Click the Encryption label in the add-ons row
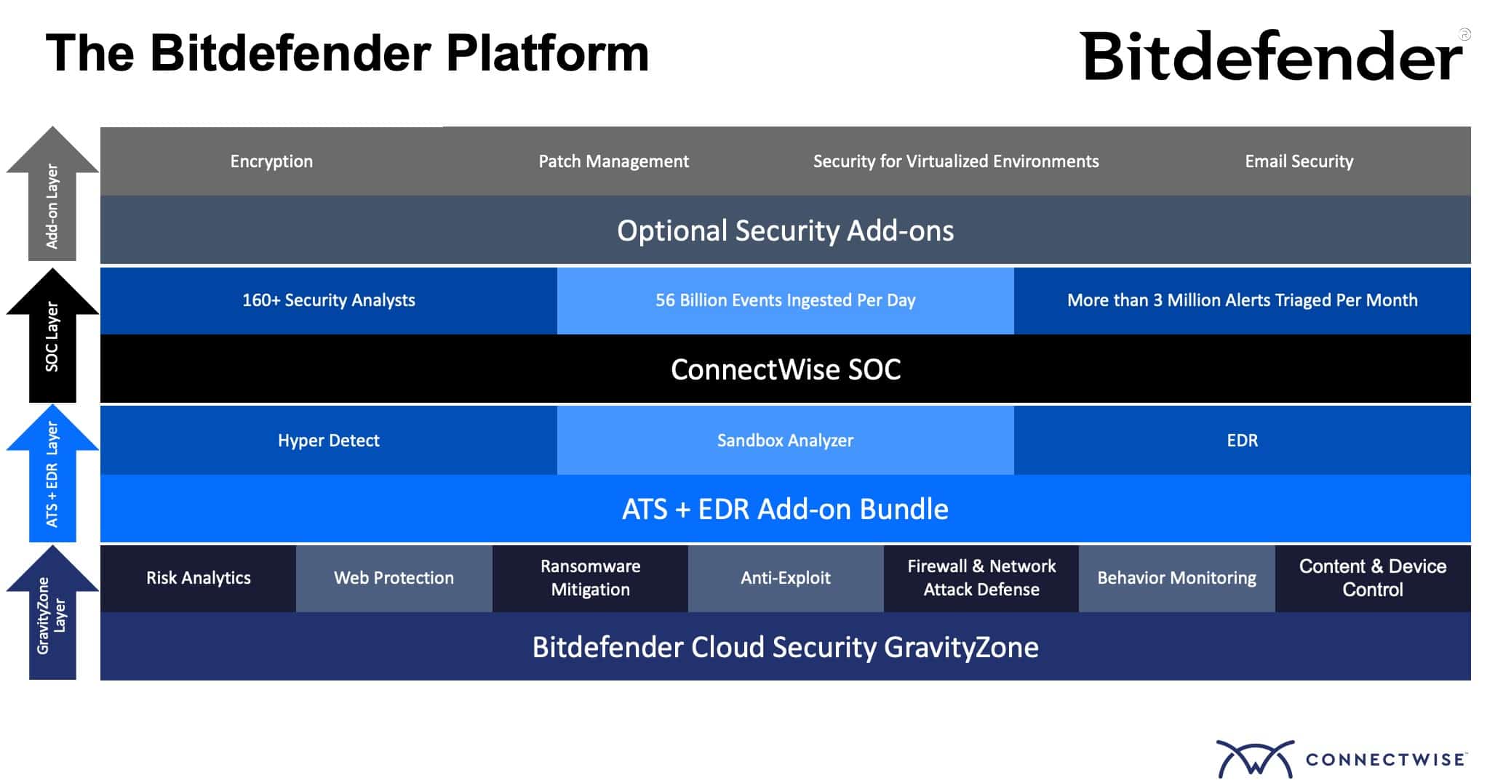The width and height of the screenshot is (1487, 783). click(x=271, y=161)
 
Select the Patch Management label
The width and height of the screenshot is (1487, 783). click(x=613, y=161)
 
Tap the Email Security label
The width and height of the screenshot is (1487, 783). click(x=1299, y=161)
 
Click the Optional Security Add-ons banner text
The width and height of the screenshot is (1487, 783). click(x=785, y=230)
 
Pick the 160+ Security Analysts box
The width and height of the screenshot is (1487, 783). click(x=328, y=300)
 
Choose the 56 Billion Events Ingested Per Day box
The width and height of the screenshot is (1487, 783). click(x=785, y=300)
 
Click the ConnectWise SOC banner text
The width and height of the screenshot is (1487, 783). click(x=785, y=369)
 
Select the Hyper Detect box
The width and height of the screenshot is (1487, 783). click(x=328, y=441)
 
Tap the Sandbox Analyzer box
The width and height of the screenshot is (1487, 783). click(x=785, y=441)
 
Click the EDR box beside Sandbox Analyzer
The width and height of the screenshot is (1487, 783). click(x=1242, y=441)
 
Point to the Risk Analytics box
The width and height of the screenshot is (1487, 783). click(x=198, y=578)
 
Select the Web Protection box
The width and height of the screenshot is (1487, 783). click(x=394, y=578)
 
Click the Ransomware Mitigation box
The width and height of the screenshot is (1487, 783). click(x=590, y=578)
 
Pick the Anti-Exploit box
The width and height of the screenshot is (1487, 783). click(x=785, y=578)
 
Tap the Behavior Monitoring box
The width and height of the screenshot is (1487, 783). click(x=1176, y=578)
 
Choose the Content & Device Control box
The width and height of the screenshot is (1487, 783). click(x=1372, y=578)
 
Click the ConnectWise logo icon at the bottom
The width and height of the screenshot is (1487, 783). click(x=1255, y=759)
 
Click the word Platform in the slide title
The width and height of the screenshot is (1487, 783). click(x=546, y=54)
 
